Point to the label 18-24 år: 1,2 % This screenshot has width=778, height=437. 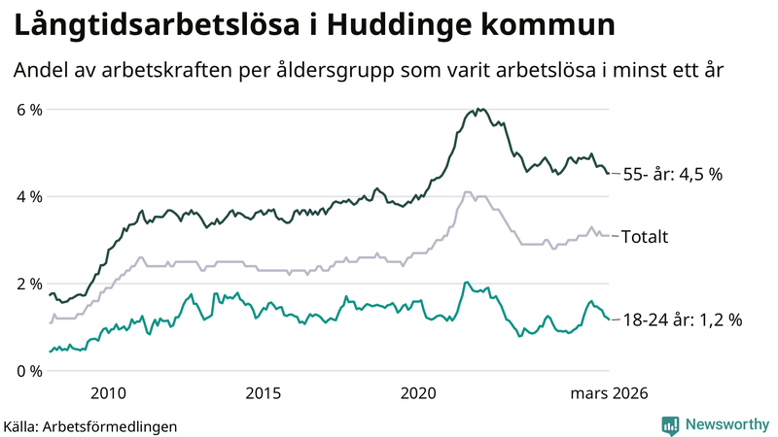click(682, 319)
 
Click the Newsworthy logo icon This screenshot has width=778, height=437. click(670, 424)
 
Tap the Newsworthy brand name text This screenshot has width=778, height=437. click(725, 424)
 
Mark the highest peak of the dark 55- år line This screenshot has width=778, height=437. click(479, 109)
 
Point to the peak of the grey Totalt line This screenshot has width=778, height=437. click(468, 192)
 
